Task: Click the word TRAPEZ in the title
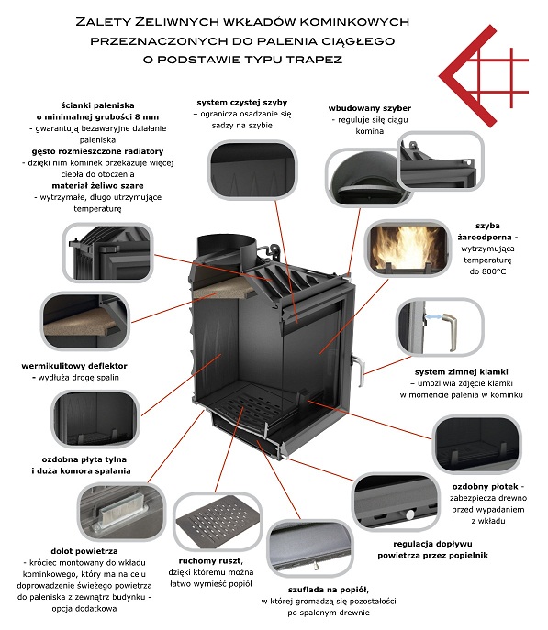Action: pyautogui.click(x=315, y=60)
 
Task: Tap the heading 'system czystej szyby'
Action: pyautogui.click(x=242, y=103)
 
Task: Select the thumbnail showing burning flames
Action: pyautogui.click(x=408, y=248)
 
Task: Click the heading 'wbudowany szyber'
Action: pyautogui.click(x=370, y=108)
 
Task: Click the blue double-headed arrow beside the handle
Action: pyautogui.click(x=432, y=317)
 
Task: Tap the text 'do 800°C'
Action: pyautogui.click(x=487, y=271)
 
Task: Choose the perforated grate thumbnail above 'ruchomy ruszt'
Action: pyautogui.click(x=218, y=521)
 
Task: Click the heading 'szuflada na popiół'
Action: pyautogui.click(x=328, y=590)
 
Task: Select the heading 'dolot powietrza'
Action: pyautogui.click(x=84, y=551)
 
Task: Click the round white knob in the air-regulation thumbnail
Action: pyautogui.click(x=409, y=514)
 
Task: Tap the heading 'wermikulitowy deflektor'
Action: pyautogui.click(x=74, y=366)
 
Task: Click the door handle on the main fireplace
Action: pyautogui.click(x=359, y=371)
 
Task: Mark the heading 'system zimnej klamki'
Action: pyautogui.click(x=461, y=372)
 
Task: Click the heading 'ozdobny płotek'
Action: pyautogui.click(x=486, y=487)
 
